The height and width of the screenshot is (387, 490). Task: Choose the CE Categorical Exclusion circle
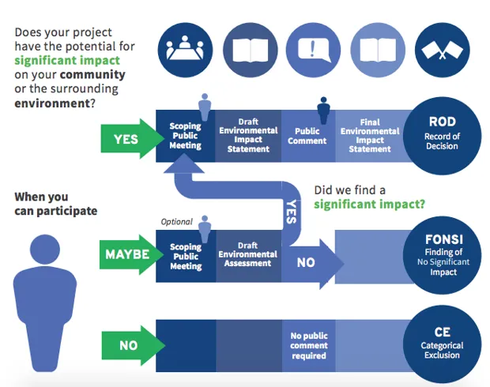pyautogui.click(x=442, y=344)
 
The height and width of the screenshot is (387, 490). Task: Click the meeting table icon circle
pyautogui.click(x=184, y=48)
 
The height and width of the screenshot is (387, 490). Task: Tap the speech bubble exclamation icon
pyautogui.click(x=312, y=48)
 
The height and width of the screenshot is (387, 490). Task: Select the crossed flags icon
pyautogui.click(x=442, y=49)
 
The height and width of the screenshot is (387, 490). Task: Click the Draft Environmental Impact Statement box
pyautogui.click(x=248, y=136)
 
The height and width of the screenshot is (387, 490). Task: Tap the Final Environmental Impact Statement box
pyautogui.click(x=369, y=136)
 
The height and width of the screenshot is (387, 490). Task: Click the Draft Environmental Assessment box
pyautogui.click(x=248, y=254)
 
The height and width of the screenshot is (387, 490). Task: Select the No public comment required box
pyautogui.click(x=308, y=345)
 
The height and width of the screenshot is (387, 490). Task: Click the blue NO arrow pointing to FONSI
pyautogui.click(x=313, y=262)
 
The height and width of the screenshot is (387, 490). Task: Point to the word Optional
pyautogui.click(x=177, y=222)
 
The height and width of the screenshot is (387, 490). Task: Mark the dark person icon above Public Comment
pyautogui.click(x=323, y=110)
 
